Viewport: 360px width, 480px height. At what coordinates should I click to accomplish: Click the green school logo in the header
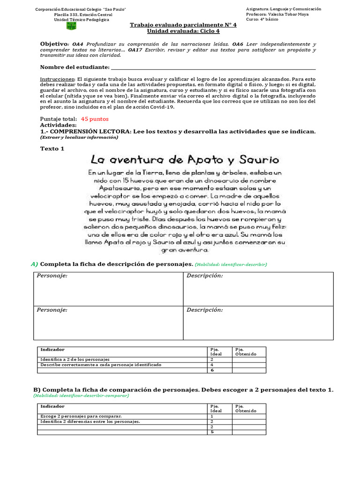point(71,26)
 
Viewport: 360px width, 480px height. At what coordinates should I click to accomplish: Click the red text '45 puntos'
point(94,120)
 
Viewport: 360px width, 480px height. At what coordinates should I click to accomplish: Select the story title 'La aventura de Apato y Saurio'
point(185,160)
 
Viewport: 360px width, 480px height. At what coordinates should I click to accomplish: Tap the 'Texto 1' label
point(52,149)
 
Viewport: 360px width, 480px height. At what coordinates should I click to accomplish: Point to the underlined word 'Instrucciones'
point(57,80)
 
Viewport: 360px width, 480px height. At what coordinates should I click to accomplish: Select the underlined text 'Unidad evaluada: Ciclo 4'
point(177,31)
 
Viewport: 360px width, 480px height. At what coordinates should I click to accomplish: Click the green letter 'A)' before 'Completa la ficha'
point(35,264)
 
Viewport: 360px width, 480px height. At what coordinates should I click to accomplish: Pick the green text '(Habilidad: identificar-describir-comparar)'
point(81,395)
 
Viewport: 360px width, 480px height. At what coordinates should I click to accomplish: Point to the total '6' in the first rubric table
point(211,370)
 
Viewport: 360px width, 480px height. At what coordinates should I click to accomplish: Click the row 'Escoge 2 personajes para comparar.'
point(81,416)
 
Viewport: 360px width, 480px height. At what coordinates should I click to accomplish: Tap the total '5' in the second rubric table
point(212,432)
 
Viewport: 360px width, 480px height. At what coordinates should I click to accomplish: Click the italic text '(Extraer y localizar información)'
point(79,137)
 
